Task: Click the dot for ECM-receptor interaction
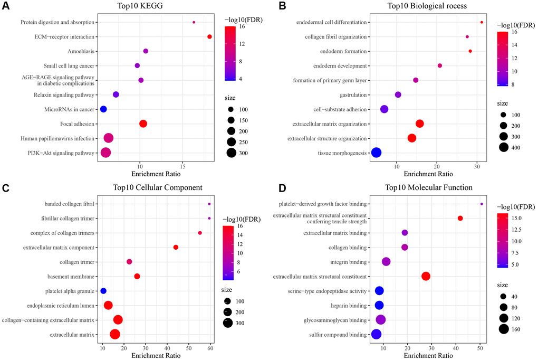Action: pos(209,36)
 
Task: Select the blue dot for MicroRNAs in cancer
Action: pos(103,109)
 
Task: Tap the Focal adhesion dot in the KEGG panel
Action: pos(143,124)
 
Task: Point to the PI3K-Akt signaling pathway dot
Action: pos(105,153)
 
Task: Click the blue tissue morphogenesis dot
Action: pos(376,153)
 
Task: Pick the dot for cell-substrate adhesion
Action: pos(384,109)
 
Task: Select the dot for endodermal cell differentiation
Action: pos(482,22)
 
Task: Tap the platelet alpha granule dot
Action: pos(103,291)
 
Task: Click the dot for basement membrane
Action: pos(137,276)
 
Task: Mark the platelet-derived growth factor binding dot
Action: pos(482,204)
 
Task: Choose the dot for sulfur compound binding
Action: pos(376,334)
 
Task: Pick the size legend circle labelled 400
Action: pos(503,148)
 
